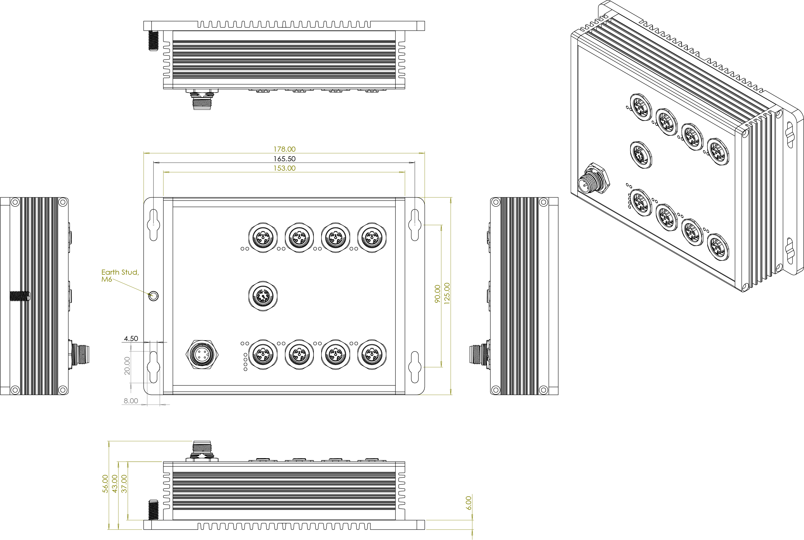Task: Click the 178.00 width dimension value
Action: click(x=284, y=149)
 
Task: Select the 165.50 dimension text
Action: click(x=284, y=159)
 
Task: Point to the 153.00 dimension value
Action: click(x=284, y=168)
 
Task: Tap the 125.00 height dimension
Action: click(x=447, y=293)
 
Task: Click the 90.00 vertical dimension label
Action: click(x=437, y=294)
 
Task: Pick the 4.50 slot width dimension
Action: click(x=131, y=339)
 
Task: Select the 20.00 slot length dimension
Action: click(x=127, y=366)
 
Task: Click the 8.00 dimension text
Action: click(x=131, y=401)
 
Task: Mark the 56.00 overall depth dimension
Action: click(x=105, y=484)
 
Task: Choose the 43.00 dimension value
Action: click(x=115, y=484)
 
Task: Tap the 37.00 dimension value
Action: click(x=124, y=484)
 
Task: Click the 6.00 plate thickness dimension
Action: click(x=468, y=503)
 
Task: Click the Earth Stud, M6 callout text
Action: click(x=120, y=275)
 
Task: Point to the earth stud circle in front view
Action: click(x=153, y=296)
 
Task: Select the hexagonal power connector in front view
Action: click(x=202, y=355)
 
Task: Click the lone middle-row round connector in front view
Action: click(x=263, y=296)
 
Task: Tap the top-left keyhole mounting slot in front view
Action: click(x=153, y=225)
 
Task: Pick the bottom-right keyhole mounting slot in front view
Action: click(x=415, y=367)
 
